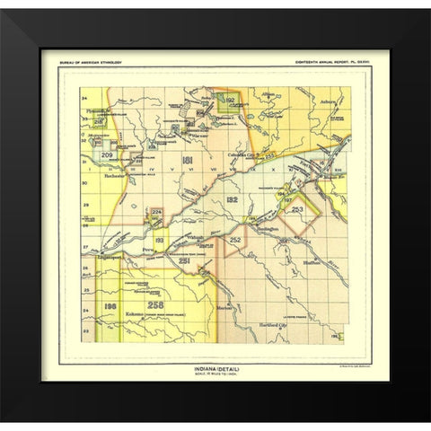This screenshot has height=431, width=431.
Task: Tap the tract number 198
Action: (x=110, y=308)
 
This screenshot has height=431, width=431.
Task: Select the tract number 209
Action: (x=107, y=155)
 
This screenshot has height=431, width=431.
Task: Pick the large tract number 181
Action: (x=187, y=160)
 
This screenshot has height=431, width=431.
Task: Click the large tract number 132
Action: (x=231, y=198)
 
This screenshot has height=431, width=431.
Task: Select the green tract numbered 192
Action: (x=229, y=101)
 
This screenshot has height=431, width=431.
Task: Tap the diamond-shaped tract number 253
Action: (x=298, y=208)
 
